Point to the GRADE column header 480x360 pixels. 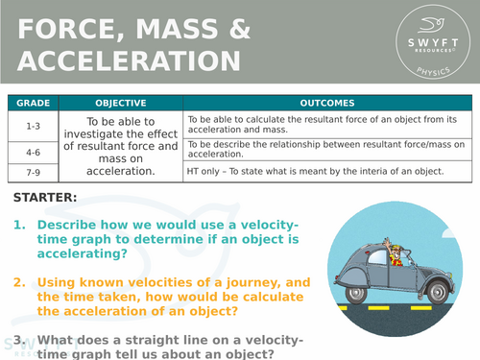pyautogui.click(x=33, y=102)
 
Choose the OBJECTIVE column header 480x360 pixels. pyautogui.click(x=121, y=102)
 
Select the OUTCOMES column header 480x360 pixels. pyautogui.click(x=327, y=102)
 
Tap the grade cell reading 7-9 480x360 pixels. pyautogui.click(x=33, y=171)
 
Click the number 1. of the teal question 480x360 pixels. pyautogui.click(x=20, y=225)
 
